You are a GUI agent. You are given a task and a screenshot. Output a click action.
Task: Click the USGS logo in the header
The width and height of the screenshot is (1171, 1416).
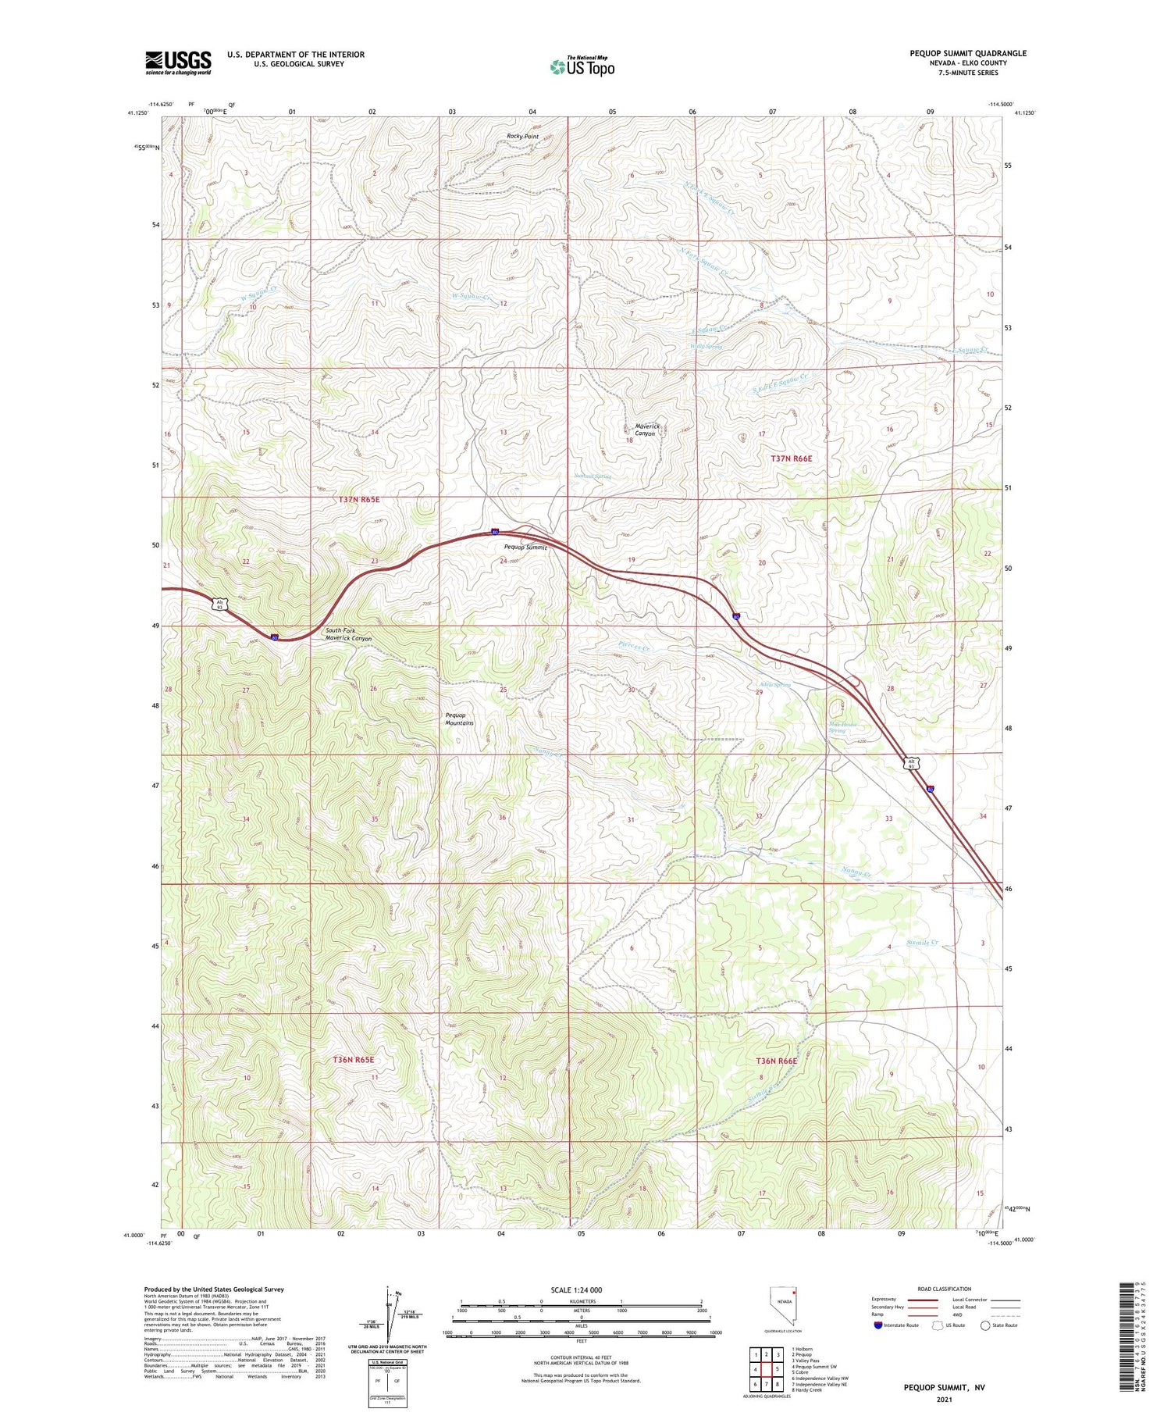click(178, 62)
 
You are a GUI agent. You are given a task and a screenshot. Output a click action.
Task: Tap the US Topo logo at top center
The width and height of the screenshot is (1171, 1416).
click(582, 66)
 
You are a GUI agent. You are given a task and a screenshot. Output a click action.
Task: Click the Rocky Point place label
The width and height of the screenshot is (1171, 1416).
click(522, 137)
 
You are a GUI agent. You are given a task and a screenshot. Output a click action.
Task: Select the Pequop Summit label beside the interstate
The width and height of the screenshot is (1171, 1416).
click(525, 547)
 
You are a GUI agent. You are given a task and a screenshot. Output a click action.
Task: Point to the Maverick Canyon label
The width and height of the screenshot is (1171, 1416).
click(647, 430)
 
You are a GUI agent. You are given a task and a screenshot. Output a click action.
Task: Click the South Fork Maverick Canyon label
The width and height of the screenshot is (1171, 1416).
click(348, 634)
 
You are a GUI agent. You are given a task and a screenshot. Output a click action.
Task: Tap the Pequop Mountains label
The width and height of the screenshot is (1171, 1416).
click(459, 719)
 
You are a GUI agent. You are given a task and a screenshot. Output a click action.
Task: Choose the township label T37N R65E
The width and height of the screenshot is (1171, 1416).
click(359, 499)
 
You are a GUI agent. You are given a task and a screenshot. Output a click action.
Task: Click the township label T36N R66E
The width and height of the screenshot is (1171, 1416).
click(777, 1061)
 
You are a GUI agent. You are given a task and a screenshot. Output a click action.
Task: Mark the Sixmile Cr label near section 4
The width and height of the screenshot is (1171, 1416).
click(923, 943)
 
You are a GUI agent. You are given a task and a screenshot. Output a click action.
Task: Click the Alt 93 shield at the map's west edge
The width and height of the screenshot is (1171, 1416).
click(221, 605)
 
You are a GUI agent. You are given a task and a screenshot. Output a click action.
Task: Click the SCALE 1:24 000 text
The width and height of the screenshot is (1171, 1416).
click(576, 1289)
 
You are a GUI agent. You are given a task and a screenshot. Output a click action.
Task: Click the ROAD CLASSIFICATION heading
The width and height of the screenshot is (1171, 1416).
click(944, 1289)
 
